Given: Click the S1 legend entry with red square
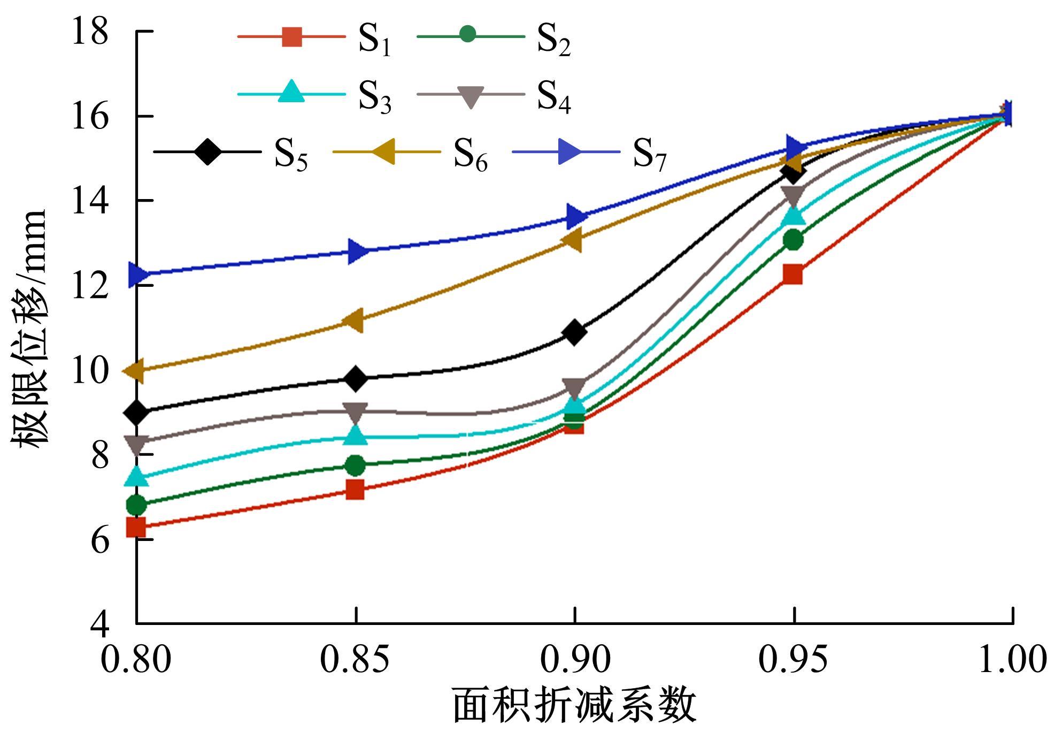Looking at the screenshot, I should tap(315, 39).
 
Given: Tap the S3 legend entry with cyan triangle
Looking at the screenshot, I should tap(315, 94).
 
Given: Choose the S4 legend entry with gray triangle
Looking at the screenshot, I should tap(494, 95).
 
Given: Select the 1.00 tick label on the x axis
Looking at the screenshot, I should tap(1012, 659).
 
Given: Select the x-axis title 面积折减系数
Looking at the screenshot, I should tap(575, 706).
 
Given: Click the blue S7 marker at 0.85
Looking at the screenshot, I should tap(357, 251).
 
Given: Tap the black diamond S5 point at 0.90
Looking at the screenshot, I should tap(575, 332).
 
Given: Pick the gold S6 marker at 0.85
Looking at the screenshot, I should tap(353, 320).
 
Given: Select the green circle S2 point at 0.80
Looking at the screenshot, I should tap(137, 504).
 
